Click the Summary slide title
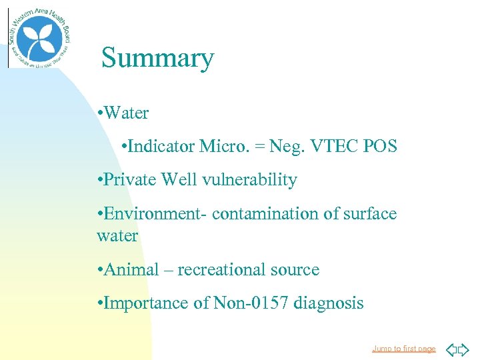(157, 59)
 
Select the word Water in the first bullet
(126, 113)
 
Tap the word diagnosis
(327, 303)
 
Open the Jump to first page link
(403, 349)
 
